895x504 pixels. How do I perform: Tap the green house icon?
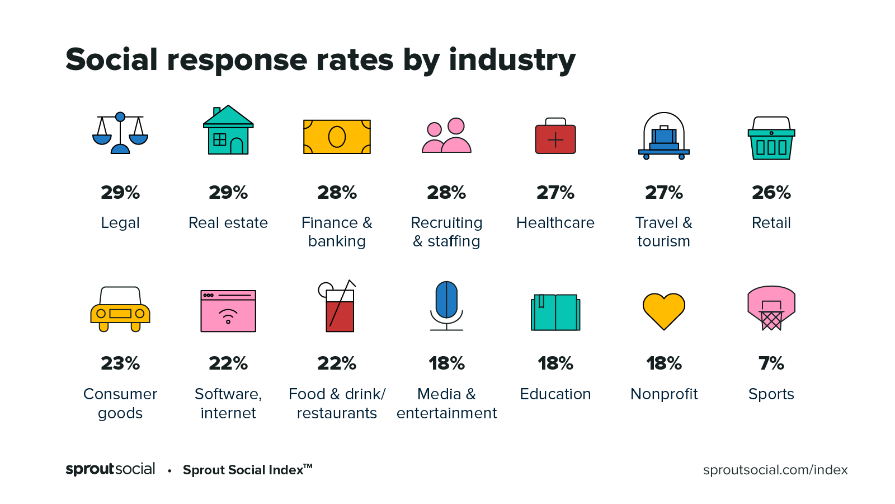(x=228, y=131)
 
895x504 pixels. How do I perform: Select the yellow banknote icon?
(x=337, y=137)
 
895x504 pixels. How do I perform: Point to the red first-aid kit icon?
(x=555, y=137)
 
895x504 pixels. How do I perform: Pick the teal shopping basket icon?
(x=771, y=138)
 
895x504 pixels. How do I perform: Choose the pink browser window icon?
(x=228, y=311)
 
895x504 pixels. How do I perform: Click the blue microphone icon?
(x=446, y=305)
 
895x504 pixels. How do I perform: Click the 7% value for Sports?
(x=771, y=363)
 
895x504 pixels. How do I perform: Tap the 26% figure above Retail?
(x=771, y=193)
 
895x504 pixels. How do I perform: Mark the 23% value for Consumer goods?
(x=120, y=363)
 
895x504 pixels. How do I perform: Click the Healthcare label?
(x=555, y=223)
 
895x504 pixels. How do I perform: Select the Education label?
(x=555, y=394)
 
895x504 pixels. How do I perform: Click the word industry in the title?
(x=512, y=60)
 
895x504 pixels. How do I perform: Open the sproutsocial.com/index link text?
(x=775, y=470)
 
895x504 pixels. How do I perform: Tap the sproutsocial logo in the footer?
(x=110, y=469)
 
